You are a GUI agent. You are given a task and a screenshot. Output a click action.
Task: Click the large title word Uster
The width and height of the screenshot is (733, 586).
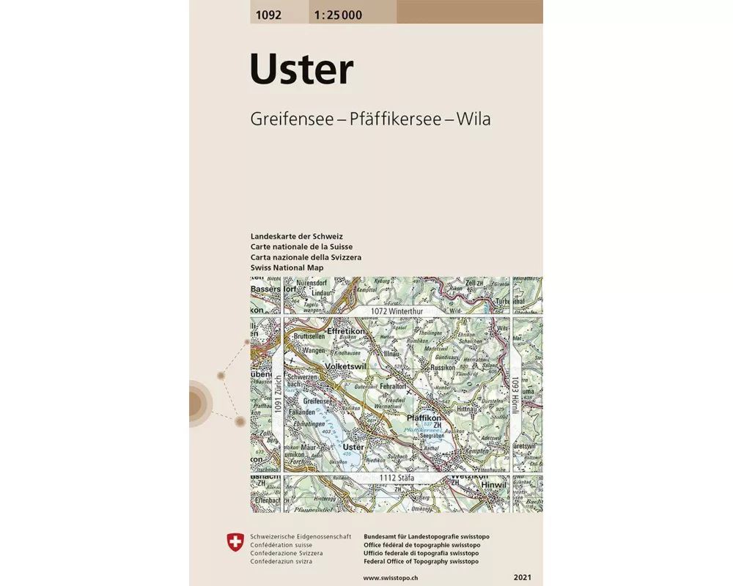[301, 70]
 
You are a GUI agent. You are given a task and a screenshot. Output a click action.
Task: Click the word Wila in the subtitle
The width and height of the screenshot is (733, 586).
[473, 119]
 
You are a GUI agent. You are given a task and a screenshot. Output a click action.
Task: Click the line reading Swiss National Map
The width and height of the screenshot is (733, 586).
[287, 268]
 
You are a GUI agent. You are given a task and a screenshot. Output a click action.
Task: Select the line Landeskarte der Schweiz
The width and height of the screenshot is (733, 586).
[295, 237]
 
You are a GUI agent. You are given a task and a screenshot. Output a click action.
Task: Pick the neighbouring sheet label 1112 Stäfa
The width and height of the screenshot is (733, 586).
[397, 478]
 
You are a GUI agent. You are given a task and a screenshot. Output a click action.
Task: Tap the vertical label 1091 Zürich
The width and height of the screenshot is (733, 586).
[278, 396]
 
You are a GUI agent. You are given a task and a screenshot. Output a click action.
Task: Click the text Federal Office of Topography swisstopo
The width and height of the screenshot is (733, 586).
[421, 561]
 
